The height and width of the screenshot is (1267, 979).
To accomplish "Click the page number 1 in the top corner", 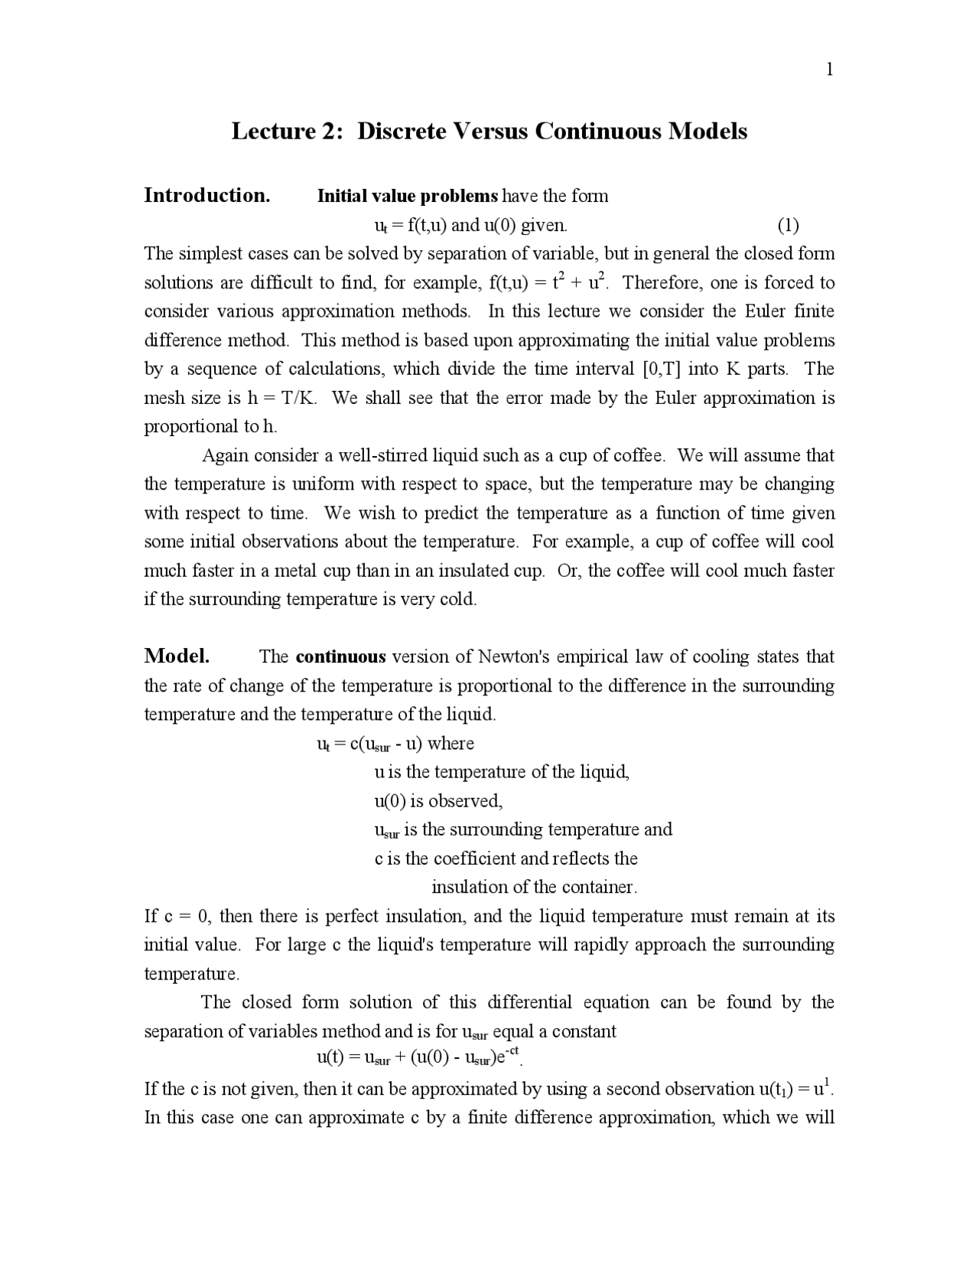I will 829,70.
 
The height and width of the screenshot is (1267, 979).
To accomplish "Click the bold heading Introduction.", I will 207,196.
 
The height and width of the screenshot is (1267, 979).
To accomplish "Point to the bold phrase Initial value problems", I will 407,196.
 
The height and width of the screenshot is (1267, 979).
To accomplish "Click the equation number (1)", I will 788,225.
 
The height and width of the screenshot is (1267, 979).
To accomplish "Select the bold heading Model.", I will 177,656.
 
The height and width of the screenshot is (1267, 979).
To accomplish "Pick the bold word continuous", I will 340,657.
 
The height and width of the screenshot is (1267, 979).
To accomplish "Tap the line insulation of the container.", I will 534,888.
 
